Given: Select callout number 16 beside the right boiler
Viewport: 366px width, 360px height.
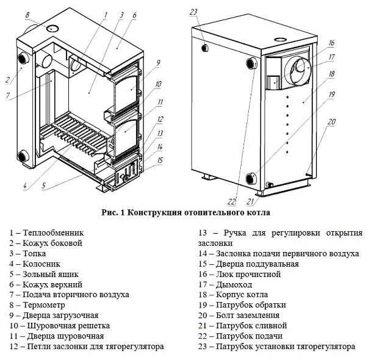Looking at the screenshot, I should [x=331, y=43].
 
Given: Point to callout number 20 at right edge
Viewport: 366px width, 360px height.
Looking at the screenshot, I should [x=331, y=121].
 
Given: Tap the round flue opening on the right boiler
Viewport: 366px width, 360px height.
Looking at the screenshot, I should [x=298, y=68].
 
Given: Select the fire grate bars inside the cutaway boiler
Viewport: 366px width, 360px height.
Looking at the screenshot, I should [x=76, y=131].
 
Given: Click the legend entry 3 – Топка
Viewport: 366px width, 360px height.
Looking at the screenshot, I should [x=30, y=253].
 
